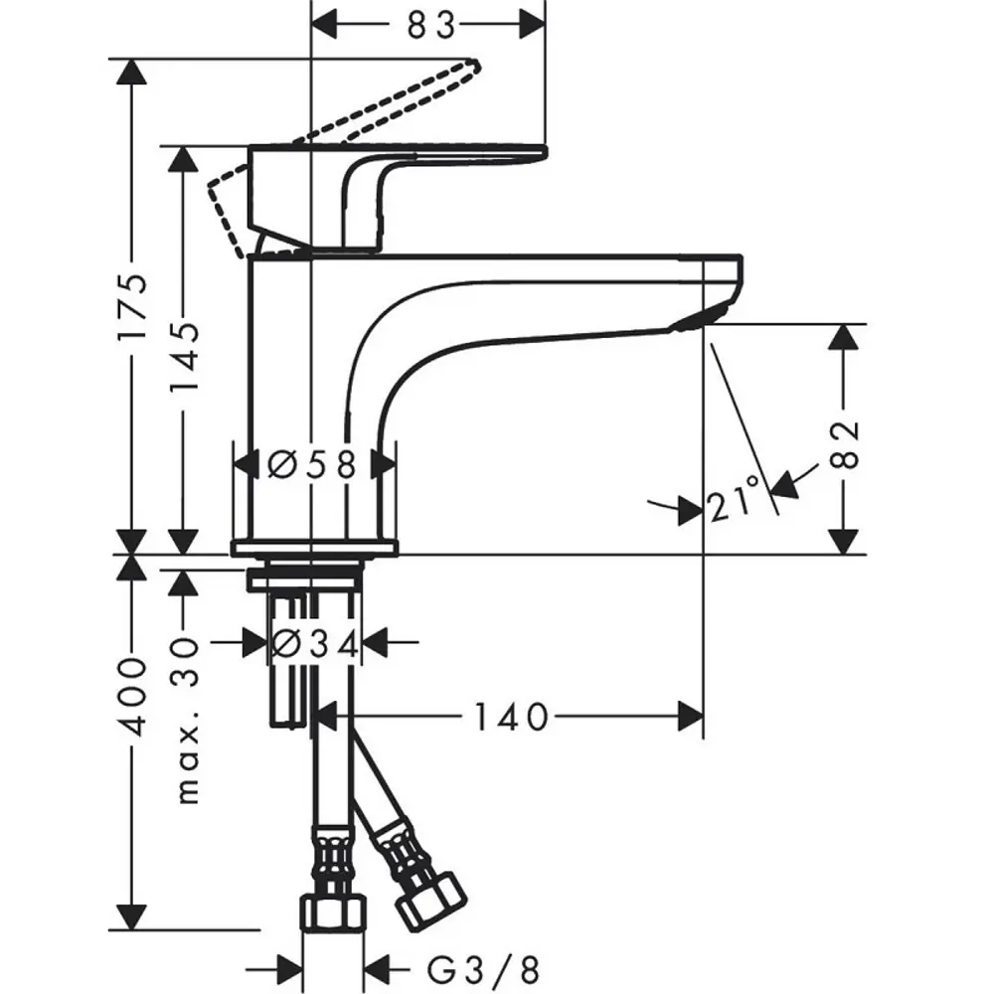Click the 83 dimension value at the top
(x=430, y=26)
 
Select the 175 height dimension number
(x=132, y=308)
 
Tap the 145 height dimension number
(x=185, y=357)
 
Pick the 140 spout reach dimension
(x=511, y=717)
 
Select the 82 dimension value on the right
(x=844, y=443)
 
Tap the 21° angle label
(x=735, y=498)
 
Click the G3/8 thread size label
(x=483, y=970)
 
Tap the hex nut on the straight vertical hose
(x=333, y=911)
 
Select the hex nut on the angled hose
(x=431, y=904)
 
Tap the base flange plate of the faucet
(x=315, y=549)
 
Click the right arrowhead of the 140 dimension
(x=691, y=717)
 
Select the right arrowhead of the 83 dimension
(x=532, y=26)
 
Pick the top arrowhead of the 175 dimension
(x=132, y=72)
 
